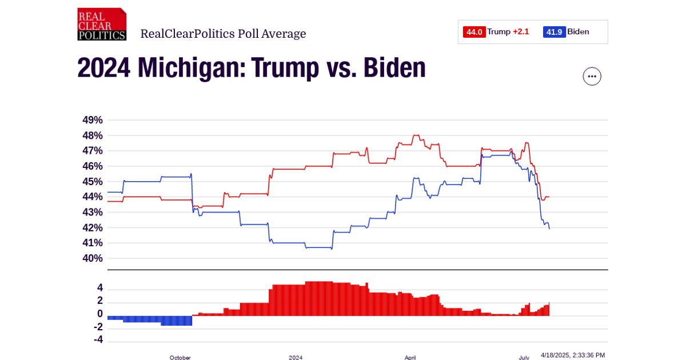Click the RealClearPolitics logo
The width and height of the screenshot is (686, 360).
tap(102, 24)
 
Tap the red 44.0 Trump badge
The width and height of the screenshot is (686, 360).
tap(474, 32)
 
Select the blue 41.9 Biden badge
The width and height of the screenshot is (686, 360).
tap(555, 32)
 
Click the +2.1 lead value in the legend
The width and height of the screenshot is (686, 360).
tap(521, 32)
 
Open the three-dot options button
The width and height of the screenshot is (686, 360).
tap(592, 76)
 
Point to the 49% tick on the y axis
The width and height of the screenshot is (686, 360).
tap(93, 120)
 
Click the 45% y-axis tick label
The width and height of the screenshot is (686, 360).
tap(93, 182)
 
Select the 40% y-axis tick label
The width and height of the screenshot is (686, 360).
tap(93, 258)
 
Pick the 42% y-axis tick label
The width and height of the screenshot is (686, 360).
tap(93, 227)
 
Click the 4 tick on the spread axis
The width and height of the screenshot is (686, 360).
tap(99, 287)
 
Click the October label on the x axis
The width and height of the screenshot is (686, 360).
tap(180, 357)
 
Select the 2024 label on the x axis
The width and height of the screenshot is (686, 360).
tap(296, 357)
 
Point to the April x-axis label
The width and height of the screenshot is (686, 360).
tap(410, 357)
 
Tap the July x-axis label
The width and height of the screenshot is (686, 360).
tap(524, 357)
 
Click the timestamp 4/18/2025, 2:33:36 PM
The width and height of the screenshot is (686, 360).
tap(572, 355)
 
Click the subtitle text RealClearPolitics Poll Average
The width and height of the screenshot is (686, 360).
tap(223, 34)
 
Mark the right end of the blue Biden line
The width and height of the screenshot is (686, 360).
tap(549, 229)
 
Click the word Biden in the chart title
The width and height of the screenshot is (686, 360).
tap(394, 68)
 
